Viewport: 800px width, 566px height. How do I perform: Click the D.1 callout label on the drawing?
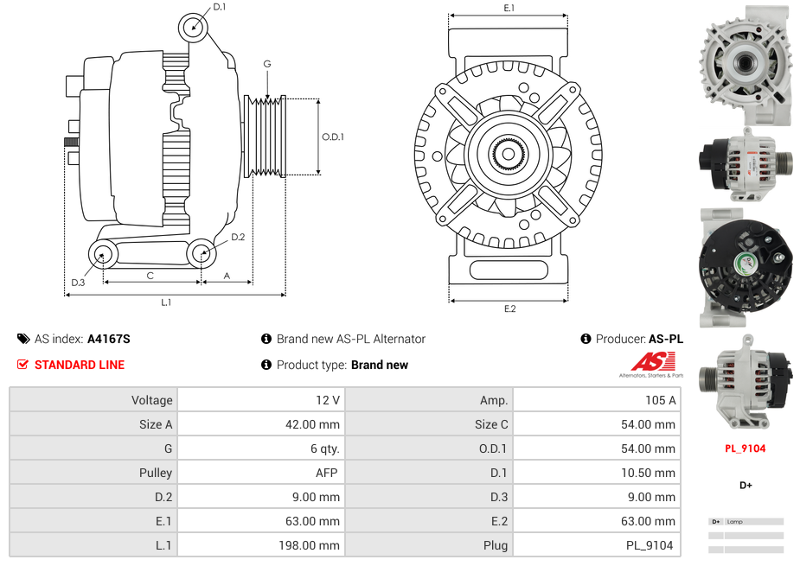click(219, 7)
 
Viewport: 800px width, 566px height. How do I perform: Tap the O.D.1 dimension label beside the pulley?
click(333, 137)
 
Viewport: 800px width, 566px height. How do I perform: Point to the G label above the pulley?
click(267, 64)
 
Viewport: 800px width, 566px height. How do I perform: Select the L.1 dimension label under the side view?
click(166, 302)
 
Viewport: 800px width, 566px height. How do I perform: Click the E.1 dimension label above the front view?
click(509, 8)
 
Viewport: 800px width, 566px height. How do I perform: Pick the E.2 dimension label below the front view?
click(509, 309)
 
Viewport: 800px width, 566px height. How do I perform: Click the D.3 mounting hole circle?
click(103, 254)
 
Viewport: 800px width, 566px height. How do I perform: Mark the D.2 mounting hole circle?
click(202, 254)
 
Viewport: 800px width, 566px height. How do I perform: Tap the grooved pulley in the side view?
click(266, 137)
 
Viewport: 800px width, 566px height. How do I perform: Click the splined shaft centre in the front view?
click(508, 155)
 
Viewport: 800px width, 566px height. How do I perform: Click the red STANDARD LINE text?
click(79, 365)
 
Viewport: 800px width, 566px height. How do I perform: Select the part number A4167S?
click(109, 339)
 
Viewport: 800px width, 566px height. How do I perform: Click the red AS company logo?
click(646, 362)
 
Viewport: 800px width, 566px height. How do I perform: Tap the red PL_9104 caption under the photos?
click(745, 448)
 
